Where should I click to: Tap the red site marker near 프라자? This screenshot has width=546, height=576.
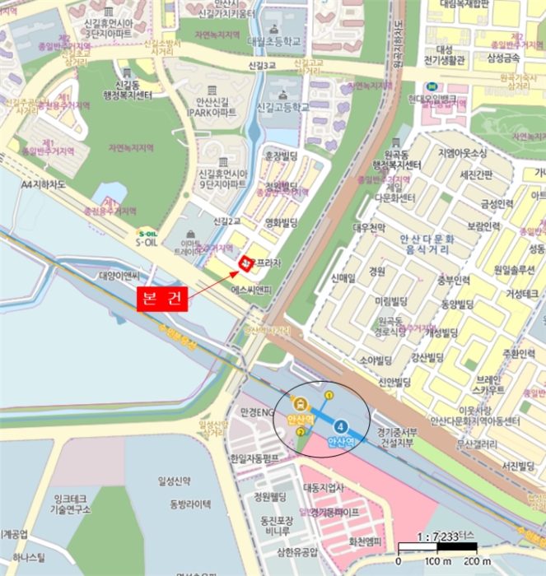(x=245, y=262)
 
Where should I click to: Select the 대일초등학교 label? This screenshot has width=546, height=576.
(x=268, y=40)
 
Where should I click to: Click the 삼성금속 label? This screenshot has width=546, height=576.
(x=504, y=58)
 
